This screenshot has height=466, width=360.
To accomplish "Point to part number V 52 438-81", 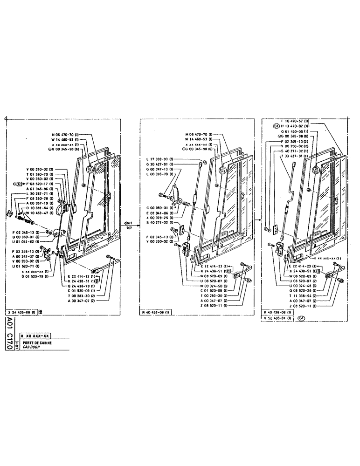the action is pyautogui.click(x=277, y=319).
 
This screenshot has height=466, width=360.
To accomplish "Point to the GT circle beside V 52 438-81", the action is pyautogui.click(x=301, y=319).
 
